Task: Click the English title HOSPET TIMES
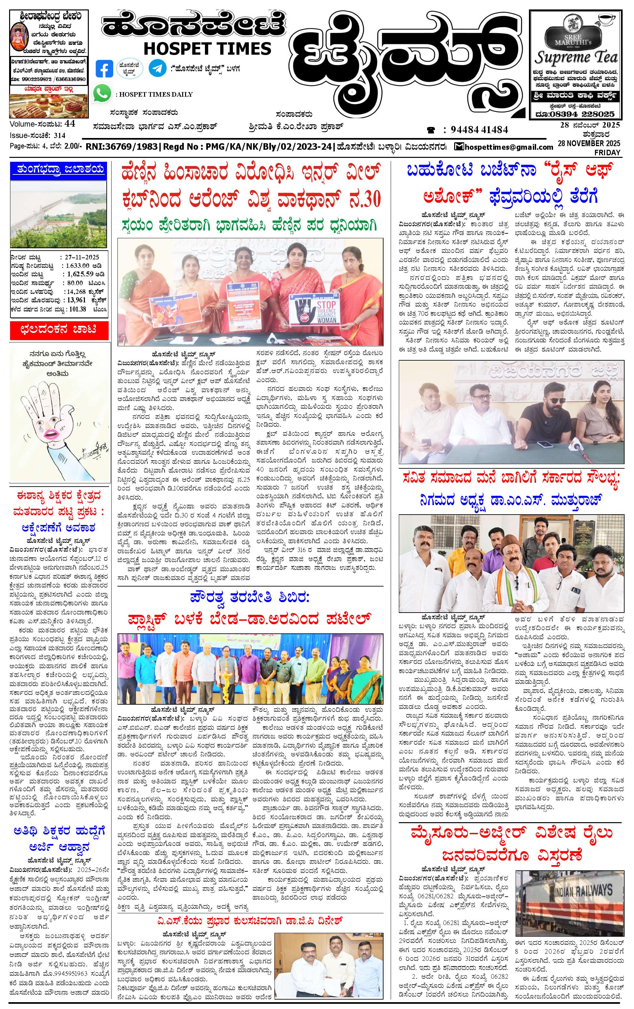tap(207, 48)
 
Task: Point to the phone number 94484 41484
tap(479, 130)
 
